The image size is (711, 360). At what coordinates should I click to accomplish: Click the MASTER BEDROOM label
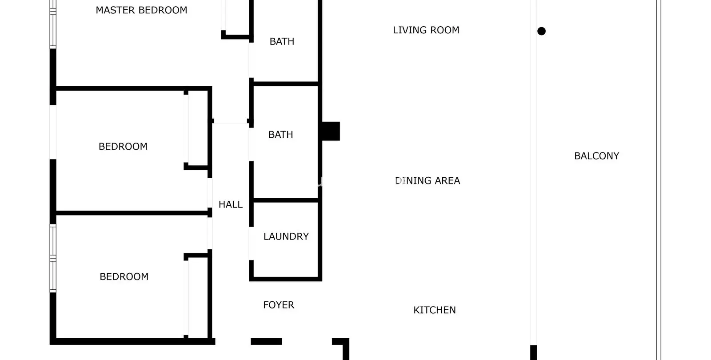pos(141,10)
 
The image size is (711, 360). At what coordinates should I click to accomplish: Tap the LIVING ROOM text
pos(426,30)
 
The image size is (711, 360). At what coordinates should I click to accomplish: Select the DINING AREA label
pos(427,180)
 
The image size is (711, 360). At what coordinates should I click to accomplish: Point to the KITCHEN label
pos(435,310)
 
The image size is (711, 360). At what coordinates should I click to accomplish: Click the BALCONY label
pos(597,156)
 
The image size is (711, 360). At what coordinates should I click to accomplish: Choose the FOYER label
pos(279,305)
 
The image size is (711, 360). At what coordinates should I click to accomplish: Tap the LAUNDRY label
pos(286,236)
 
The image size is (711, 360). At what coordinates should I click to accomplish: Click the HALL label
pos(231,204)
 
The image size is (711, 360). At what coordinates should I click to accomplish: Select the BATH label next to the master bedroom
pos(282,41)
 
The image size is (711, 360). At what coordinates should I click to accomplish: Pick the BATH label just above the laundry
pos(280,135)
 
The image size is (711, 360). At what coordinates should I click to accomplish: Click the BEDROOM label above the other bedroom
pos(123,146)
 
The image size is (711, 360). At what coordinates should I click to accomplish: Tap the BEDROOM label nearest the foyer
pos(124,276)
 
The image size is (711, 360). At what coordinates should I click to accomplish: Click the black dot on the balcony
pos(542,31)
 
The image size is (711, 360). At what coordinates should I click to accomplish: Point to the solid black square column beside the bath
pos(331,131)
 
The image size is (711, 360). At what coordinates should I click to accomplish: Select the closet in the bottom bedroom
pos(198,298)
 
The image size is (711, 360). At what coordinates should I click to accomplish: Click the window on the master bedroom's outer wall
pos(53,24)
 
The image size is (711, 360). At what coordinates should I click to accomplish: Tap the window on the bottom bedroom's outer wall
pos(53,258)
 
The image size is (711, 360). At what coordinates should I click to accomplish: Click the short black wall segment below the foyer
pos(266,341)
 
